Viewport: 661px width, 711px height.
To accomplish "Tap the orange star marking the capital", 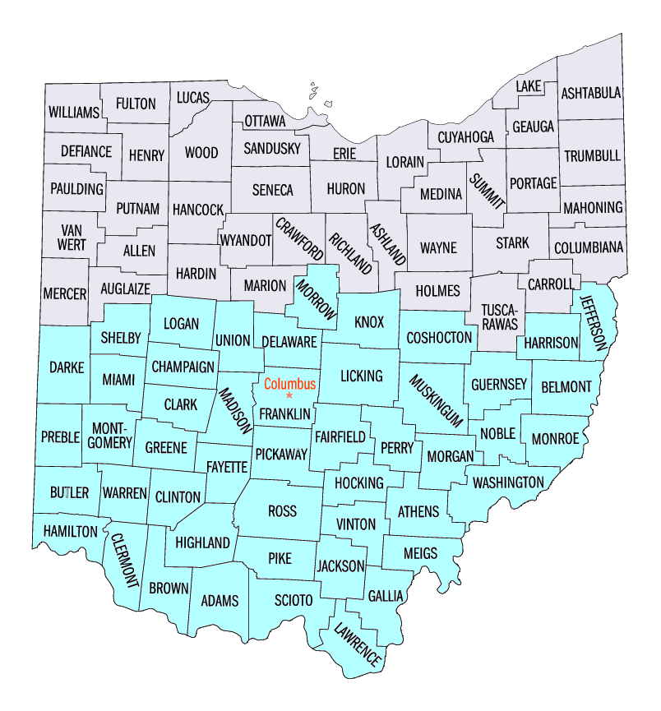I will [289, 396].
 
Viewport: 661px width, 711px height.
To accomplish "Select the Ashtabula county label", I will [590, 93].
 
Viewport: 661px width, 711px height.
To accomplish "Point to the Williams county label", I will [73, 112].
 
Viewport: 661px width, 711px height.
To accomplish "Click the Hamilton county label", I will [71, 532].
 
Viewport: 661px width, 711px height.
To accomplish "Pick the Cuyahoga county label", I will [465, 136].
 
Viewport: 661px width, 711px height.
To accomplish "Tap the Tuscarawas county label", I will [499, 317].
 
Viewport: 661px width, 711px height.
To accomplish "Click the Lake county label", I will [528, 86].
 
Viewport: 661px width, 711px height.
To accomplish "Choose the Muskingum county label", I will [432, 399].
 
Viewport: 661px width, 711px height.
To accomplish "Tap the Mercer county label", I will [64, 292].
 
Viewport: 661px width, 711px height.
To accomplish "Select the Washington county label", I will [508, 482].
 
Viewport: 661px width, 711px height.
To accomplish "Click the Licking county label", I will [361, 376].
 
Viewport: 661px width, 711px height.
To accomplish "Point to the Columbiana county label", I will [589, 247].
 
